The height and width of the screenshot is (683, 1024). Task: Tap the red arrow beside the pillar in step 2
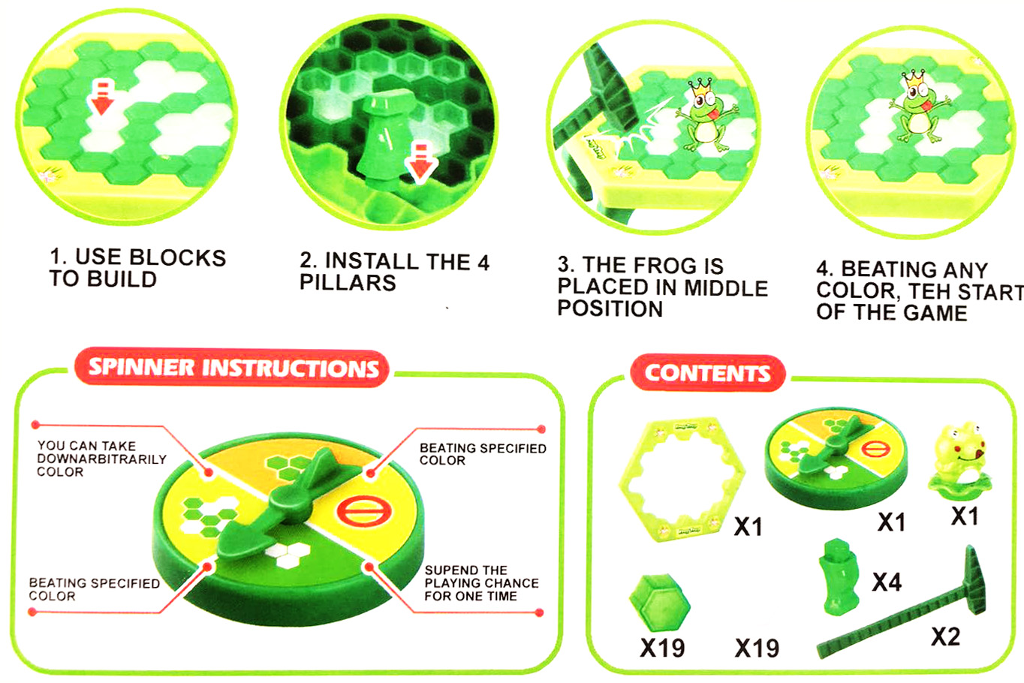coord(420,163)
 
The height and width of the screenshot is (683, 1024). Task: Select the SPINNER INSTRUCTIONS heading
coord(233,368)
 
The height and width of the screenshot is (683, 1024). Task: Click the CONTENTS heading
coord(707,373)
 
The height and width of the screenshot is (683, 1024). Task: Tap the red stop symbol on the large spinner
coord(364,511)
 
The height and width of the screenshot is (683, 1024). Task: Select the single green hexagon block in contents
coord(660,603)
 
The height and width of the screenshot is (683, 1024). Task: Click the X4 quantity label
coord(887,582)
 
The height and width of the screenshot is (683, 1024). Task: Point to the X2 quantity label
coord(945,636)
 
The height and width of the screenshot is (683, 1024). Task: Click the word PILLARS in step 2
coord(348,282)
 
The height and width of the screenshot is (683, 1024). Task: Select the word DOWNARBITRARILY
coord(101,459)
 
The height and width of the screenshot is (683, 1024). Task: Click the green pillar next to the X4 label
coord(840,577)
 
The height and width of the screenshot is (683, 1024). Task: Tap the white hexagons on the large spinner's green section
coord(287,555)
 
